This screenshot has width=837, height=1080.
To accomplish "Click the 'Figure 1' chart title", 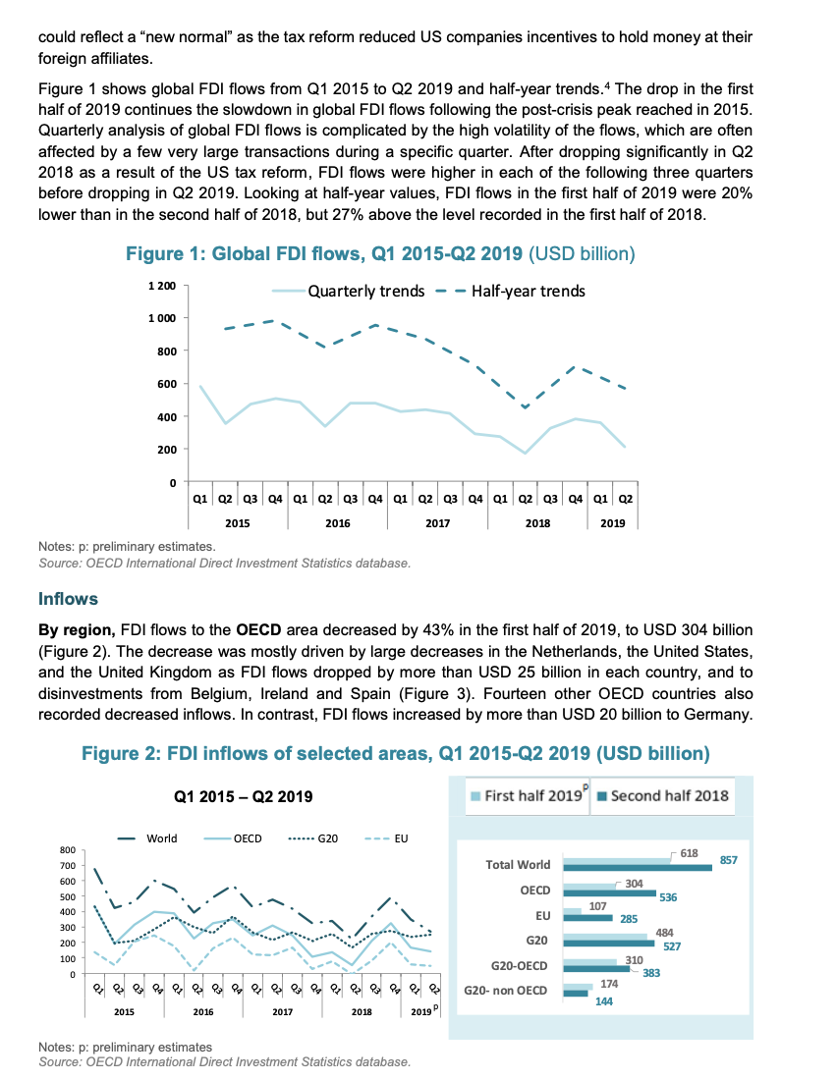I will (381, 254).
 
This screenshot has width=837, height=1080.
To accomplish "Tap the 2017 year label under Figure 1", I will (438, 523).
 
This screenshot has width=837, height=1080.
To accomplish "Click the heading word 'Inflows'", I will (68, 598).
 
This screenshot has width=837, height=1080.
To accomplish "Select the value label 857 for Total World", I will (728, 860).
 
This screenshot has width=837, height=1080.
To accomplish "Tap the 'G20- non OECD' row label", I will (505, 991).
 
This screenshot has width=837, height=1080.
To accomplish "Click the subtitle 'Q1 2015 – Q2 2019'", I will (245, 796).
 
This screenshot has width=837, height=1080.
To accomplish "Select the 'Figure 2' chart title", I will (395, 753).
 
